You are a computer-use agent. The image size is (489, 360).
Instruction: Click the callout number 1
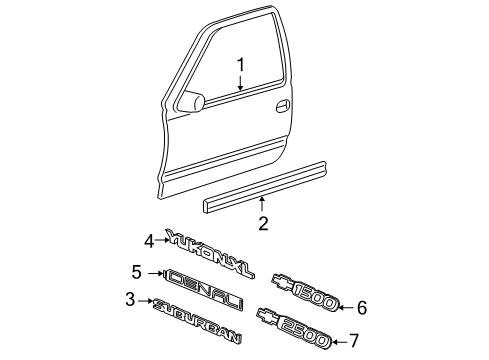[240, 65]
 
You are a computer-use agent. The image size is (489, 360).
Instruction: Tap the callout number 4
[149, 240]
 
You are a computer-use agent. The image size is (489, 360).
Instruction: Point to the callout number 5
[138, 271]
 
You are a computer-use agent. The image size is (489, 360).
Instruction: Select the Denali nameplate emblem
[209, 281]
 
